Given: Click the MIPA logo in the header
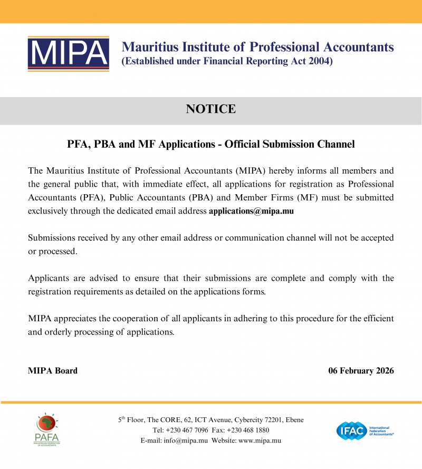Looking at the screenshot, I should click(68, 54).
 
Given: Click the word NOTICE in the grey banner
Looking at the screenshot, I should click(211, 109).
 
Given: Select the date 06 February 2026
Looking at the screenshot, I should click(361, 371).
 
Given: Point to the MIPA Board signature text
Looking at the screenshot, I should click(53, 371).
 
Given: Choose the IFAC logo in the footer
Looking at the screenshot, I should click(365, 430).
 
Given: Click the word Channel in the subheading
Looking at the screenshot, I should click(335, 144).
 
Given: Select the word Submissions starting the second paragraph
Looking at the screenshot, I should click(53, 238).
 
